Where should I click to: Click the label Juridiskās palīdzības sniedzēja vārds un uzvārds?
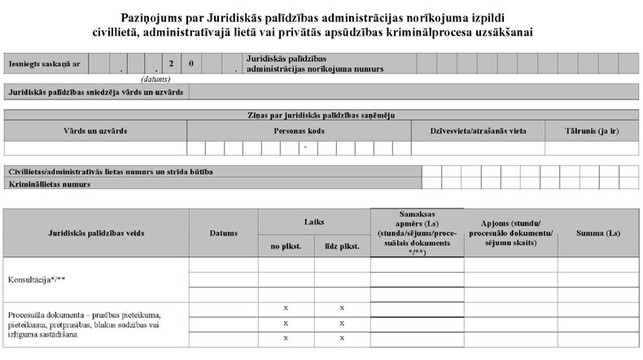click(95, 92)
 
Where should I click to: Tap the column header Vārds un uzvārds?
click(95, 130)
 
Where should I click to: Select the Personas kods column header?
click(300, 130)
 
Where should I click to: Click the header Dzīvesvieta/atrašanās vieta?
click(478, 130)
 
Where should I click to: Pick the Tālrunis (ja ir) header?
click(593, 130)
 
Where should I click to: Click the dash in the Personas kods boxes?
click(304, 148)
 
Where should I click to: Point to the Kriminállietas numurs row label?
click(49, 184)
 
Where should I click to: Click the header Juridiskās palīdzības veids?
click(96, 234)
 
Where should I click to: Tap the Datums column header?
click(223, 234)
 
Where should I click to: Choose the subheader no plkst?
click(286, 246)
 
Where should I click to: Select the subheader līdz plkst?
click(342, 246)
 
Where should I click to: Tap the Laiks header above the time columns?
click(314, 221)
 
